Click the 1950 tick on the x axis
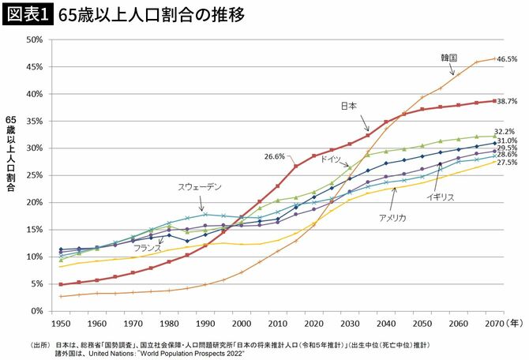(61, 324)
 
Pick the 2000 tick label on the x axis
(241, 324)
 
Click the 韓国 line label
(451, 58)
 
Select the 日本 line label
(348, 105)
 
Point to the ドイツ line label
(330, 159)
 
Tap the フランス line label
(148, 247)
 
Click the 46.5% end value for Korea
(507, 59)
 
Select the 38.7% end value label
(507, 101)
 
